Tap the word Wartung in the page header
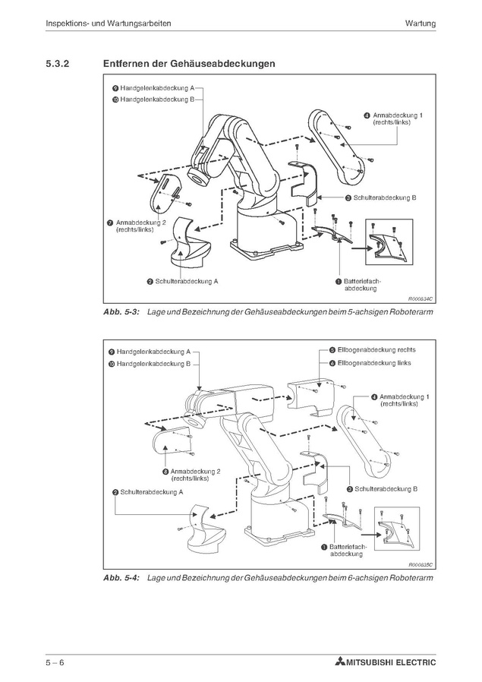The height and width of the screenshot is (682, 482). coord(420,24)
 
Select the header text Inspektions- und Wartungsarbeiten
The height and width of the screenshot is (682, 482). coord(108,24)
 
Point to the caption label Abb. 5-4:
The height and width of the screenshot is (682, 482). coord(121,579)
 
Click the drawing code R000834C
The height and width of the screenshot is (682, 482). coord(420,299)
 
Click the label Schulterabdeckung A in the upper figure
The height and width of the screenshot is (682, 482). coord(187,281)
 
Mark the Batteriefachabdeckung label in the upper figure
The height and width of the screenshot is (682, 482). coord(361,285)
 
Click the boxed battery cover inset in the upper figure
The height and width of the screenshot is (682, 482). coord(389,243)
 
